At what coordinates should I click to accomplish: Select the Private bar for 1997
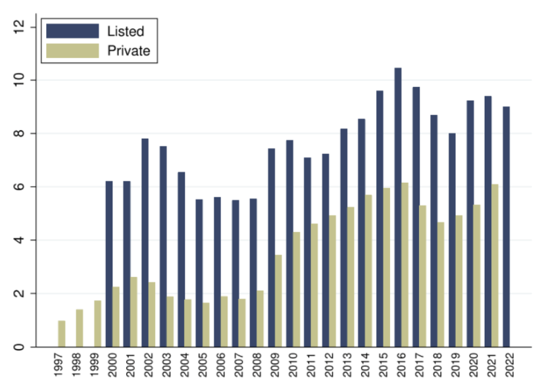point(62,333)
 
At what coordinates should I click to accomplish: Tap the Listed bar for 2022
point(506,227)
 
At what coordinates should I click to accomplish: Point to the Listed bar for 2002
point(145,243)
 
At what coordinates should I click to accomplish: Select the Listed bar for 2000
point(109,264)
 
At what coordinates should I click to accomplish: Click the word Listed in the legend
point(125,31)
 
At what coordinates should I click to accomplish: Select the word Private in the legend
point(128,51)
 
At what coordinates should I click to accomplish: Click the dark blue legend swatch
point(72,31)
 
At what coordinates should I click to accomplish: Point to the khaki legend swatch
point(72,51)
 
